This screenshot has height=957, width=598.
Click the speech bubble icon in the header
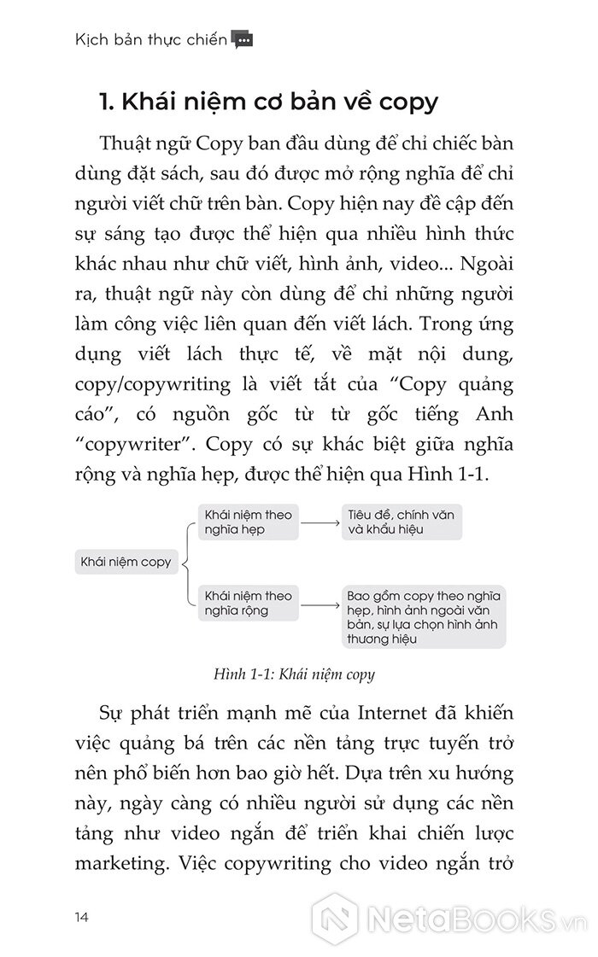pyautogui.click(x=243, y=39)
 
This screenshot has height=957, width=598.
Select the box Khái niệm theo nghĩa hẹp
pyautogui.click(x=244, y=521)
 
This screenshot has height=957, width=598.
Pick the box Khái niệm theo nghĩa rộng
pyautogui.click(x=244, y=603)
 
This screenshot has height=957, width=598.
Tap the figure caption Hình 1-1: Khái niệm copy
pyautogui.click(x=296, y=674)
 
